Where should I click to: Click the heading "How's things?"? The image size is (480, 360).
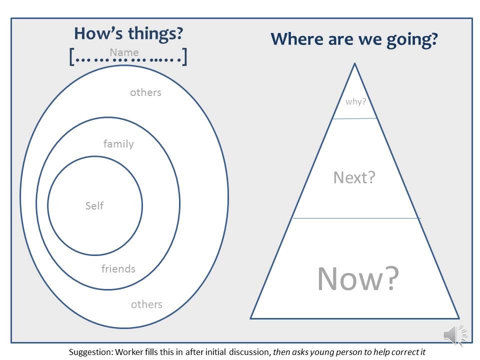[128, 33]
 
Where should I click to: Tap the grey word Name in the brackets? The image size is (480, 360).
[124, 52]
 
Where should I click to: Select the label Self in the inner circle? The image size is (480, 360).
[94, 205]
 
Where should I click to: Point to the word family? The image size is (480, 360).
[118, 144]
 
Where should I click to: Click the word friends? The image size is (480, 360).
[118, 269]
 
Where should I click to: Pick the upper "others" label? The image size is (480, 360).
[145, 92]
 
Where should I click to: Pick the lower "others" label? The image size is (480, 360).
[146, 304]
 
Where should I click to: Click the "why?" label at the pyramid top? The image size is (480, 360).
[355, 101]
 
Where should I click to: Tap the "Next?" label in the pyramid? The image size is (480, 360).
[354, 177]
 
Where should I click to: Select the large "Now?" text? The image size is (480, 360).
[358, 278]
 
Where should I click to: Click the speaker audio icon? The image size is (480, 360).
[455, 335]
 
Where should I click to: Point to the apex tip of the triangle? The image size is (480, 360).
[355, 63]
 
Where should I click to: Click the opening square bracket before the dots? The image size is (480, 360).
[71, 56]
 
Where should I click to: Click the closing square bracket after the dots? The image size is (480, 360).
[184, 56]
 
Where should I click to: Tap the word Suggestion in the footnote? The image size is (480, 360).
[90, 352]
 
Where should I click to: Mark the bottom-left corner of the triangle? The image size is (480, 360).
[250, 318]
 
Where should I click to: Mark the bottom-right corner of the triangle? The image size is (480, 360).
[459, 318]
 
